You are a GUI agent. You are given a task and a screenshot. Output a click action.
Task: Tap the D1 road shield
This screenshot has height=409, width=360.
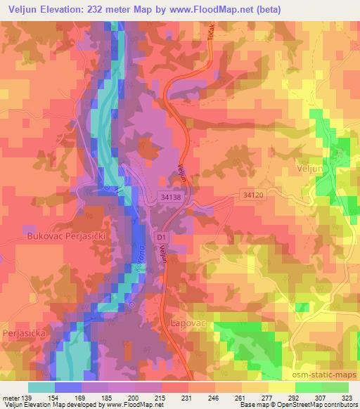tap(162, 238)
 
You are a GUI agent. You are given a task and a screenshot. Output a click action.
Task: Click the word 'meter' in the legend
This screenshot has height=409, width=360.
tap(11, 397)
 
